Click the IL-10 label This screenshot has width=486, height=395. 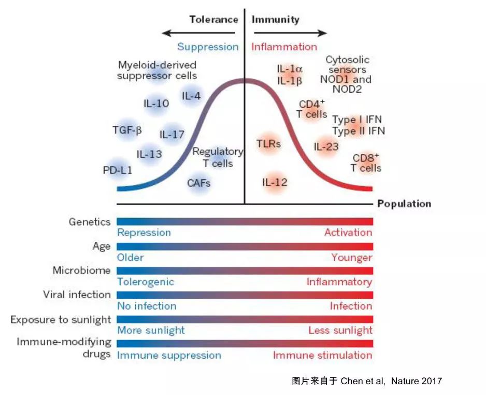coord(156,104)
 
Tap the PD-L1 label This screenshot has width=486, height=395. coord(118,170)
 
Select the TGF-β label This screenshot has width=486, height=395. coord(127,130)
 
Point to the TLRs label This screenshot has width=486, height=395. coord(268,144)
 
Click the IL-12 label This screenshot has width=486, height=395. coord(275,182)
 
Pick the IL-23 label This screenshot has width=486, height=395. coord(326,147)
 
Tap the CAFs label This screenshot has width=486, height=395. coord(198,183)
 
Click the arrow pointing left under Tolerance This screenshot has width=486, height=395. coord(198,33)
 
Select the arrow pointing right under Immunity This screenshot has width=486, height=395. coord(291,33)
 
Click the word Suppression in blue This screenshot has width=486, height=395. coord(208,47)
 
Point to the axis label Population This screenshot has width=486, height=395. coord(404,204)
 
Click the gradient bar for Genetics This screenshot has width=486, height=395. coord(245,222)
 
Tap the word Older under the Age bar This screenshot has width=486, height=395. coord(130,257)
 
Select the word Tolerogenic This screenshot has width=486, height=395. coord(146,282)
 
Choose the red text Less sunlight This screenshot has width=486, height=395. coord(340,331)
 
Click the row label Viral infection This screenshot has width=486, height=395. coord(77,295)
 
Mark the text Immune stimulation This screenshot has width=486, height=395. coord(323,355)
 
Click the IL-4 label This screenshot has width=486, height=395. coord(191,96)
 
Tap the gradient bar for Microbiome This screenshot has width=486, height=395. coord(245,271)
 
